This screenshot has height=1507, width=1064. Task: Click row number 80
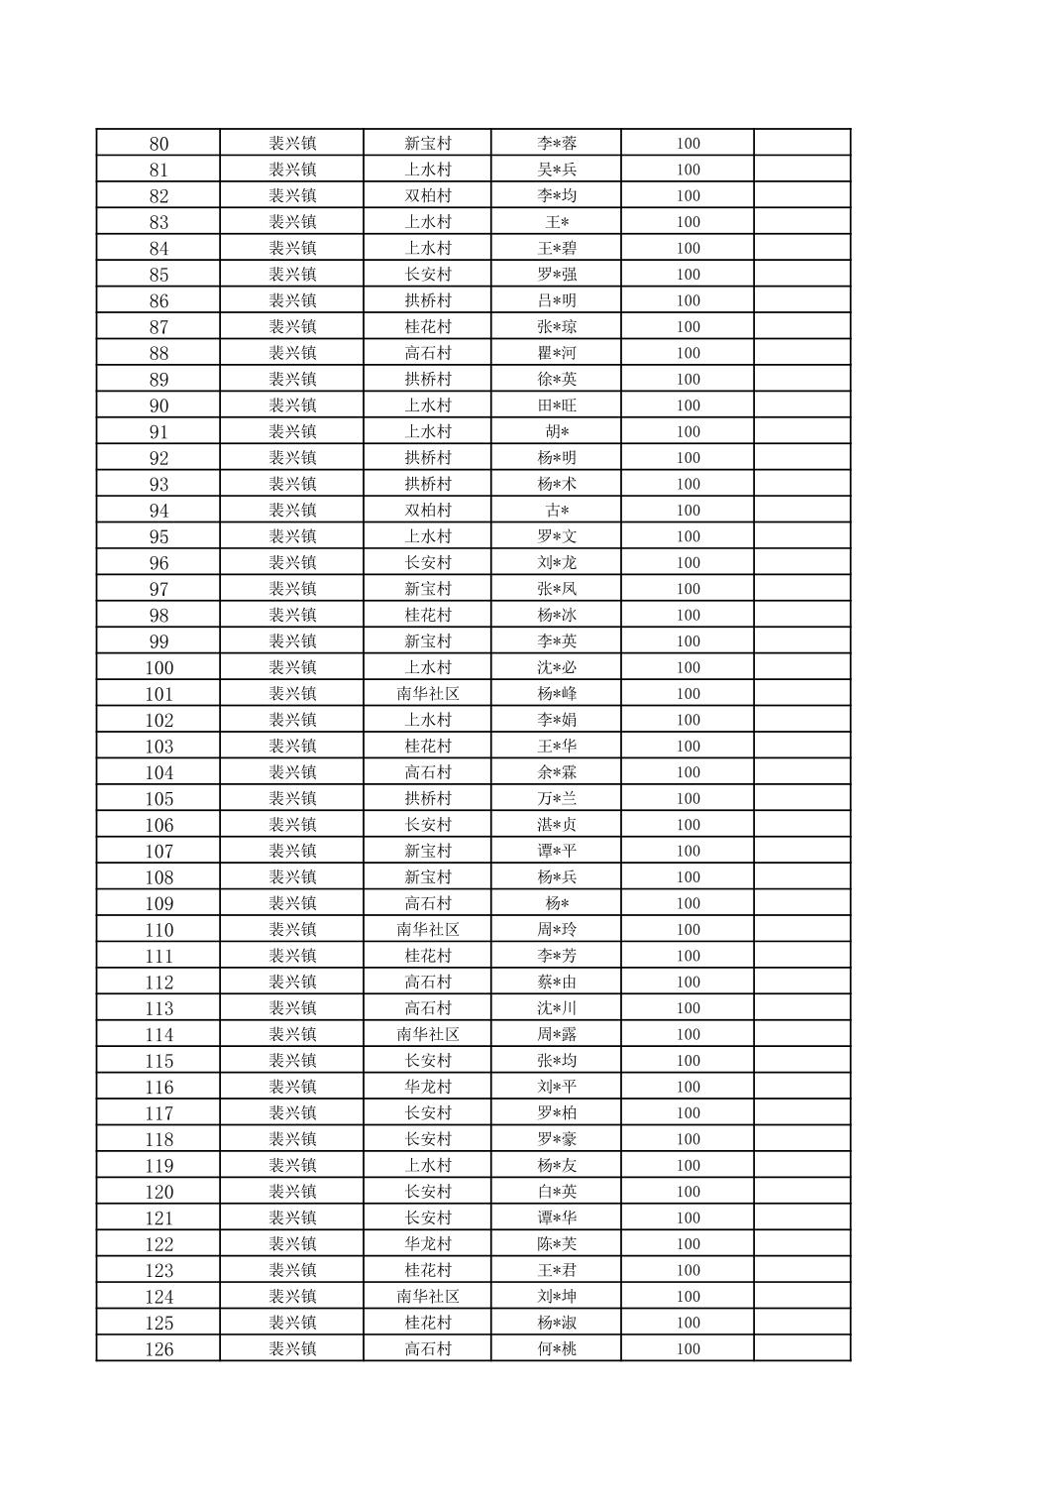click(x=159, y=144)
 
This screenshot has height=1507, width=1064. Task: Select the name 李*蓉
click(x=557, y=144)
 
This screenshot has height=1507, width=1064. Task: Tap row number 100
click(x=159, y=668)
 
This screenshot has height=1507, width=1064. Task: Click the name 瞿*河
click(x=557, y=353)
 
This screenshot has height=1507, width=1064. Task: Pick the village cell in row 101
click(x=428, y=694)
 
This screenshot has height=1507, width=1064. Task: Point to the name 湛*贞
click(x=557, y=825)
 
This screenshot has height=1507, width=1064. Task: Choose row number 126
click(x=159, y=1349)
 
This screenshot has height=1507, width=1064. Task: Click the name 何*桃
click(x=557, y=1349)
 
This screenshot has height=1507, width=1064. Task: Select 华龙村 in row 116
click(x=428, y=1087)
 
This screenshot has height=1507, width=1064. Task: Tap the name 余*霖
click(x=557, y=772)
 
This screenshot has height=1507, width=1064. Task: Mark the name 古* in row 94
click(x=557, y=511)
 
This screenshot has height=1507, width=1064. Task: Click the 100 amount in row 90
click(x=689, y=406)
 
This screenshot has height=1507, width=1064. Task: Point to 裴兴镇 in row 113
click(x=292, y=1008)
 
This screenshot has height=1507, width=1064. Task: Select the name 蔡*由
click(x=557, y=983)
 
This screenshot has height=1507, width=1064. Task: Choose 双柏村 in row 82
click(x=428, y=196)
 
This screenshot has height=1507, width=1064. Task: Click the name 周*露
click(x=557, y=1034)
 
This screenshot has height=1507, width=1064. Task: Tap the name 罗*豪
click(x=557, y=1139)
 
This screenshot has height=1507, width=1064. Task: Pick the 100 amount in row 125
click(x=689, y=1323)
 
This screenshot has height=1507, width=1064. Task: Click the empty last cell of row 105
click(x=801, y=799)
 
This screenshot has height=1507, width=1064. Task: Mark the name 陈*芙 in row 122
click(x=557, y=1244)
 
